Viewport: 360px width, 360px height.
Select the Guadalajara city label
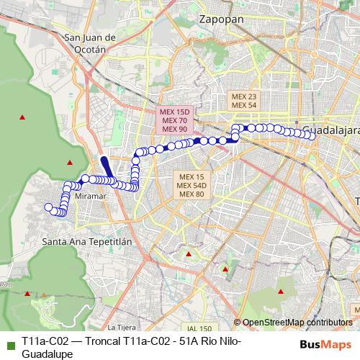point(330,131)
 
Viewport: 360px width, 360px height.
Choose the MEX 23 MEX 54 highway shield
point(244,100)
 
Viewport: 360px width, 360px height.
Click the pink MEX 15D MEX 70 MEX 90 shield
point(175,120)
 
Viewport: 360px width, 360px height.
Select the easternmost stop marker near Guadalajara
point(308,134)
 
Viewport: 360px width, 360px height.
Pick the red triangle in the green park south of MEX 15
point(189,254)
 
